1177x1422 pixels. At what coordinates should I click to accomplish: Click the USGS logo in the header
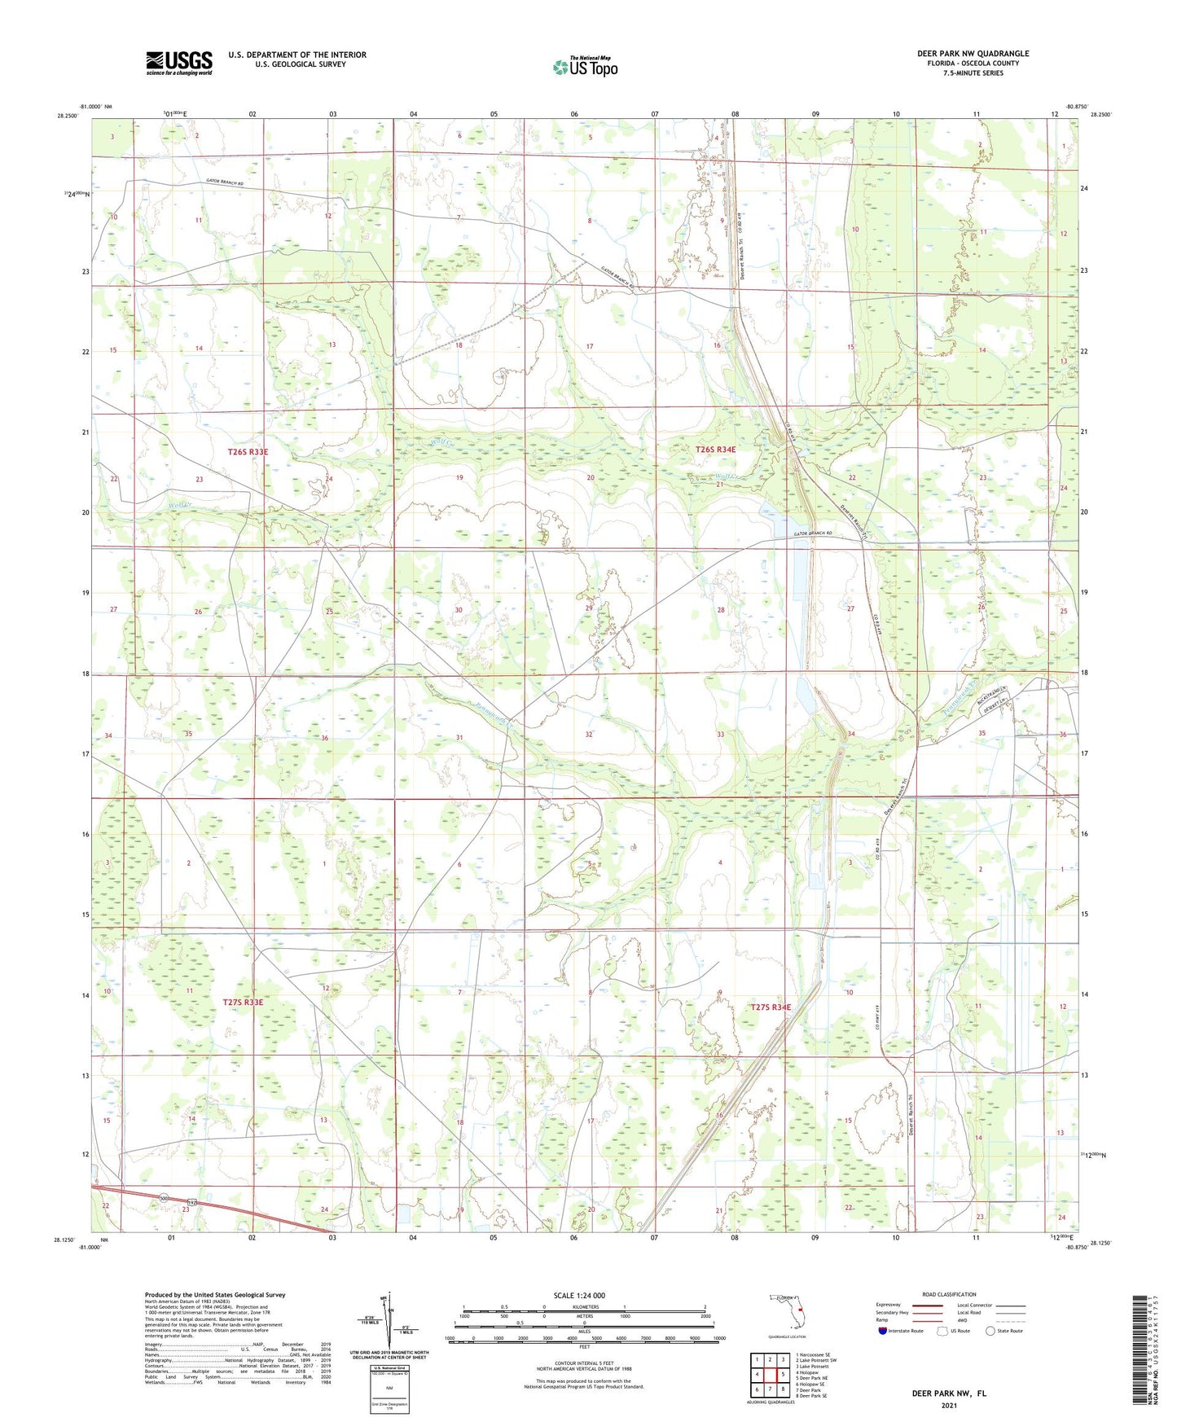pyautogui.click(x=178, y=62)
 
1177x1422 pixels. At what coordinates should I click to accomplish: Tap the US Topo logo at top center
pyautogui.click(x=584, y=67)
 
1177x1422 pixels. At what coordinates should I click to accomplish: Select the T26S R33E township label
pyautogui.click(x=248, y=451)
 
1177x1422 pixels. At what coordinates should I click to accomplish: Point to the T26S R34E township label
pyautogui.click(x=715, y=450)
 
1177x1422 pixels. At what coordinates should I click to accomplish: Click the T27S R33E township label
pyautogui.click(x=243, y=1002)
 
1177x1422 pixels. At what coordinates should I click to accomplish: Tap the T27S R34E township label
pyautogui.click(x=770, y=1007)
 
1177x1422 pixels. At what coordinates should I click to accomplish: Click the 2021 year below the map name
pyautogui.click(x=947, y=1406)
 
